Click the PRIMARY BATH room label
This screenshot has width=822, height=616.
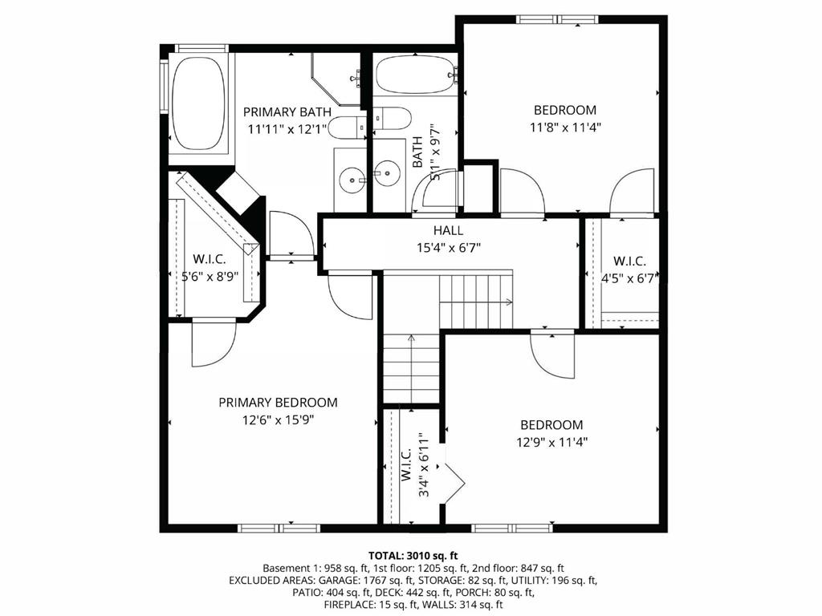287,111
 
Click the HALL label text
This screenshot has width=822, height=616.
447,231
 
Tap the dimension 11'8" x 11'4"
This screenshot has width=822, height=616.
565,127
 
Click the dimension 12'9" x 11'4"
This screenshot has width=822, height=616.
551,441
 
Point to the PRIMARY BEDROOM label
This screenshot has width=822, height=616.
278,403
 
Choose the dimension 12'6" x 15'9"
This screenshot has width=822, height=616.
278,419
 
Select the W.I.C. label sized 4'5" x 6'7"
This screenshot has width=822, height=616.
629,261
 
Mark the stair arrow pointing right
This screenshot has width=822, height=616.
507,302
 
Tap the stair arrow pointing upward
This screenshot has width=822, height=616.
411,340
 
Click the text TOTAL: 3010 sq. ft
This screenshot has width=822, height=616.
413,555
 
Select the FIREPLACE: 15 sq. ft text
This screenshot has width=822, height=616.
370,605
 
